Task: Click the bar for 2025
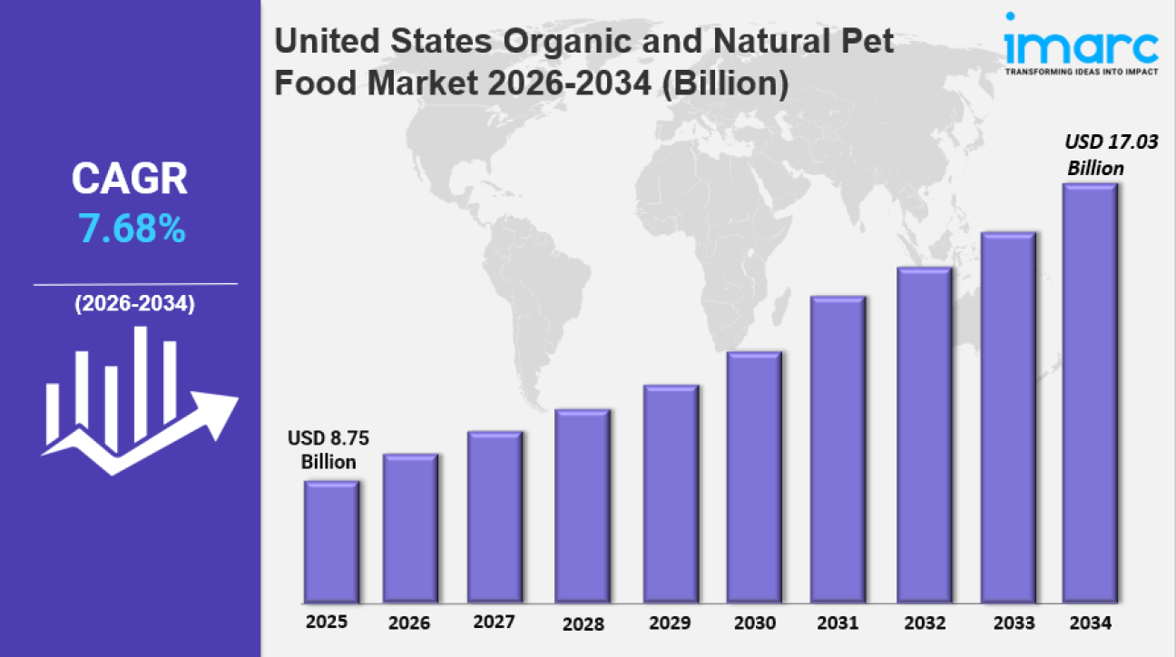(x=331, y=542)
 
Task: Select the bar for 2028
(x=583, y=506)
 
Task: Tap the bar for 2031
(x=838, y=449)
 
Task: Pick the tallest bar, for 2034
(x=1090, y=393)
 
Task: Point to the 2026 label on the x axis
(x=409, y=623)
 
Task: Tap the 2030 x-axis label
(x=754, y=623)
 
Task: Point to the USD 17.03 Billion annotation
(x=1101, y=154)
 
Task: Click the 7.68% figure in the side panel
(x=132, y=230)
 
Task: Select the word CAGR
(x=130, y=181)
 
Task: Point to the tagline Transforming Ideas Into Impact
(x=1081, y=72)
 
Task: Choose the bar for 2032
(x=924, y=435)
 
